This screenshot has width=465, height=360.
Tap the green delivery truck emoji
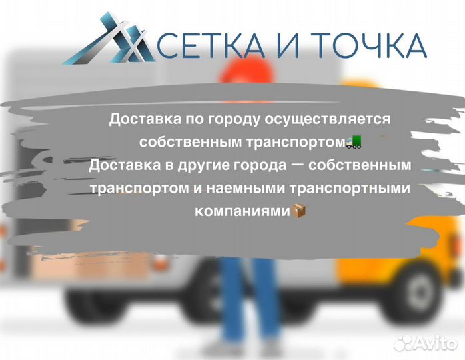click(354, 142)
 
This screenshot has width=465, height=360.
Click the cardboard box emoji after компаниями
click(300, 211)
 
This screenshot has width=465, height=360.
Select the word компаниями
click(243, 211)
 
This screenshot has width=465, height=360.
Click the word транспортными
click(354, 188)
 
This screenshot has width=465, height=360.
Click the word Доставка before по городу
click(137, 119)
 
